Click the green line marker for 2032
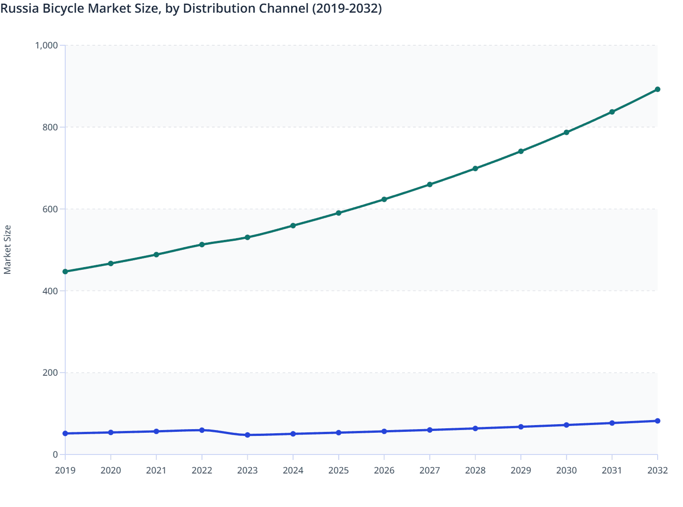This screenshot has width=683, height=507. (657, 90)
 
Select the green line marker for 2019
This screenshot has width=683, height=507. (65, 272)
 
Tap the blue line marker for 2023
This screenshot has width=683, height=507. (247, 435)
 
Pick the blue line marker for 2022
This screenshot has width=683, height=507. (202, 430)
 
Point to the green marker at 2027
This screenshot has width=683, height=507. (429, 185)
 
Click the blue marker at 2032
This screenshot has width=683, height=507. (657, 421)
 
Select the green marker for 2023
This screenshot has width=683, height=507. (247, 238)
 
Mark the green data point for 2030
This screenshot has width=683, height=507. (566, 133)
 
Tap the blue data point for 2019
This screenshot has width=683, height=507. (65, 434)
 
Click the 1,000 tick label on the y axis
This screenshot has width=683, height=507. (46, 45)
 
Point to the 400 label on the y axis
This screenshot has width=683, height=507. (51, 291)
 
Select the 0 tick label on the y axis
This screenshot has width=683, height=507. (55, 454)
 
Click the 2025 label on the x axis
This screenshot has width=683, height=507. (338, 470)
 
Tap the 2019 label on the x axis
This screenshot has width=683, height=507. (65, 470)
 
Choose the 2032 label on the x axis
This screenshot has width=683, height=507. (657, 470)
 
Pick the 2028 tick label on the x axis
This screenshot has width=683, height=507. (475, 470)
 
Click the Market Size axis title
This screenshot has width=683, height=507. (8, 250)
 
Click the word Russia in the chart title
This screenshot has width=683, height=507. (19, 8)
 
